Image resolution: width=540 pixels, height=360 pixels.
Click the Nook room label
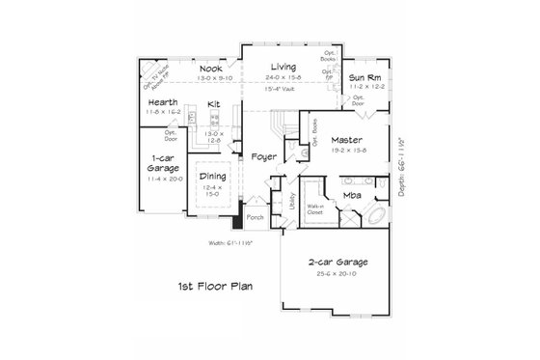(210, 69)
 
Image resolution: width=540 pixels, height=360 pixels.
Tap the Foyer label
(264, 155)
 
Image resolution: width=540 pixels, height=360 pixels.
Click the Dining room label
(214, 176)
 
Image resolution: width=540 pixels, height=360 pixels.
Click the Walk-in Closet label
(314, 208)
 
